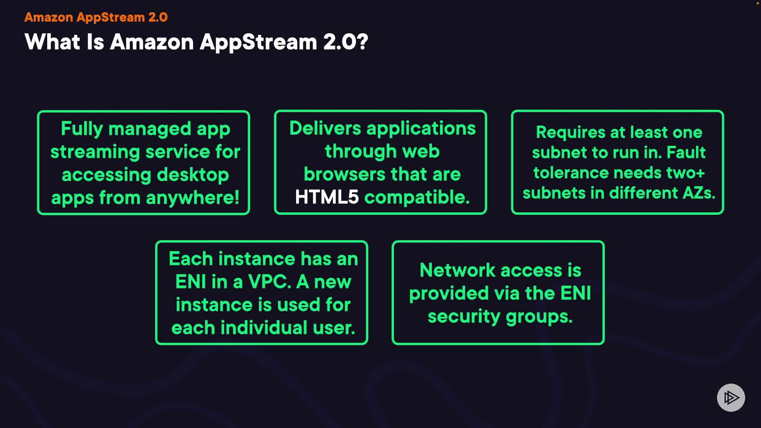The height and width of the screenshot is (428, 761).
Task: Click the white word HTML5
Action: (x=327, y=197)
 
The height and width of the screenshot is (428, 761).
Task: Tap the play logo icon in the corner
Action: (x=731, y=397)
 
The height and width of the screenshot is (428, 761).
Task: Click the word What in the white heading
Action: (x=52, y=42)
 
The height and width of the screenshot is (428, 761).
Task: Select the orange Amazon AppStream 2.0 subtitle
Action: (x=96, y=17)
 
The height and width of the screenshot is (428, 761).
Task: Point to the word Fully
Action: (x=82, y=129)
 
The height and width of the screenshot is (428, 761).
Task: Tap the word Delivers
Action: (x=325, y=128)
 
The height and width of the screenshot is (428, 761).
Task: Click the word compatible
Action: (x=417, y=197)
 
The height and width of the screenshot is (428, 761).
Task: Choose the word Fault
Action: (x=686, y=153)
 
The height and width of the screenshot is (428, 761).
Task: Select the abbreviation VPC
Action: (x=270, y=282)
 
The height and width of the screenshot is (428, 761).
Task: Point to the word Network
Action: (x=457, y=270)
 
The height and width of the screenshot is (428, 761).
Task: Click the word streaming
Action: (x=95, y=152)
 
